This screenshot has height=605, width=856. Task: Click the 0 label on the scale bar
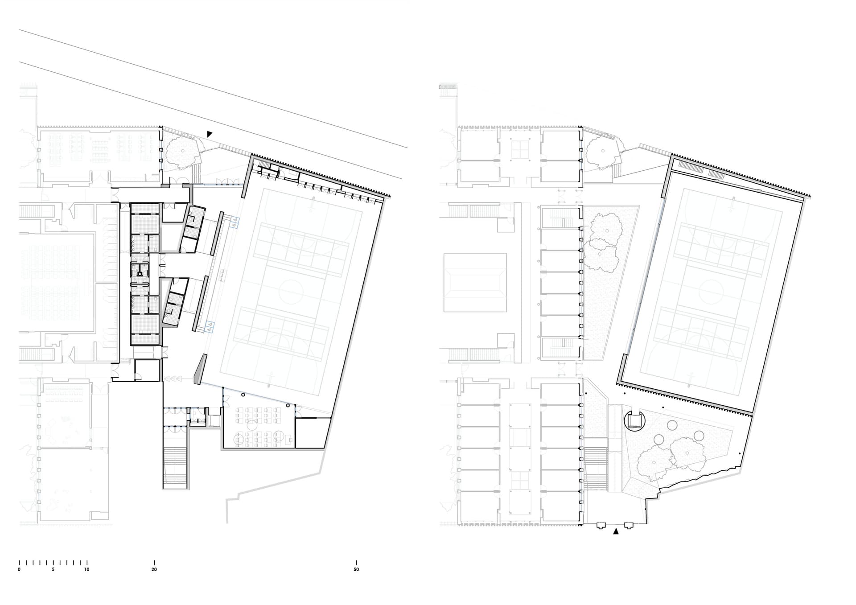(19, 569)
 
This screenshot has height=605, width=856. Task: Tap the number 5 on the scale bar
(53, 569)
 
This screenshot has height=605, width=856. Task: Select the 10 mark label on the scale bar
(86, 569)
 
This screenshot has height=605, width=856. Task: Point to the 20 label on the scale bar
(154, 569)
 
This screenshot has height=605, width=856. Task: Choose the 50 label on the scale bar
(356, 569)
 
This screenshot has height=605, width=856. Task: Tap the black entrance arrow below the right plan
(616, 531)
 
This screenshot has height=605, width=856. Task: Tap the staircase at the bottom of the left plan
(174, 467)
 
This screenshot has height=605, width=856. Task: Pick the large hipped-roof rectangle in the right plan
(475, 283)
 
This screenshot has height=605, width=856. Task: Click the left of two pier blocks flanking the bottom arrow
(601, 525)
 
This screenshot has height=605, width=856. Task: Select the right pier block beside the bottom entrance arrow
(629, 525)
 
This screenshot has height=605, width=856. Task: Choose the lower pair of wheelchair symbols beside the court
(210, 327)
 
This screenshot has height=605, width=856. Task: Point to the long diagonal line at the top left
(213, 89)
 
